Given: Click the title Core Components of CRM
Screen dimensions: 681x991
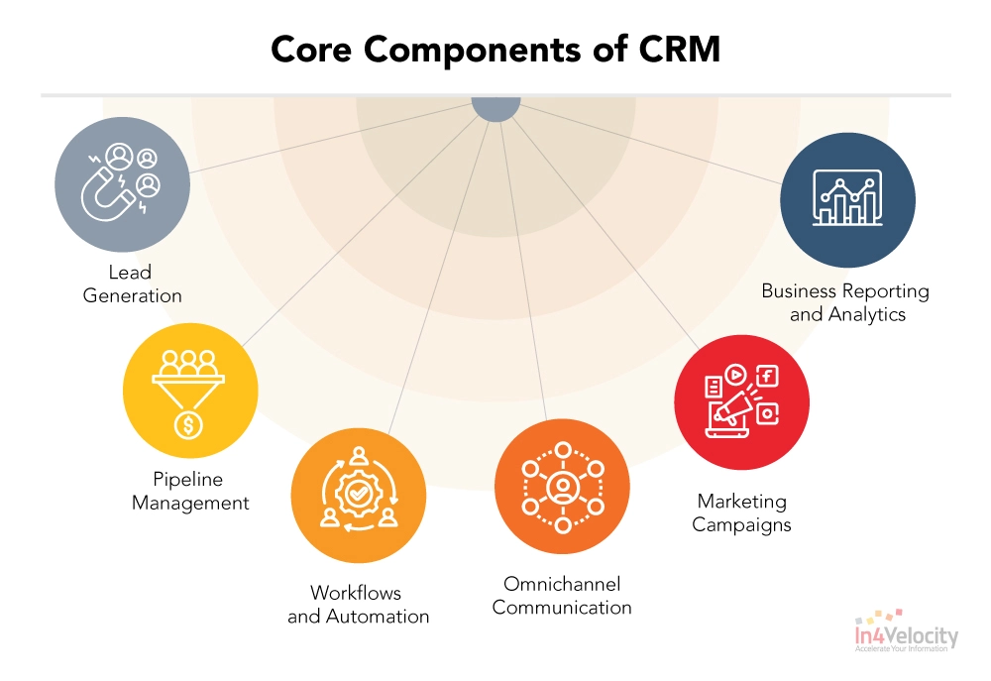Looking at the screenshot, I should [x=495, y=51].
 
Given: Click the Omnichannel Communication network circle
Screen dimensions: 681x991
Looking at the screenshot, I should [x=562, y=486].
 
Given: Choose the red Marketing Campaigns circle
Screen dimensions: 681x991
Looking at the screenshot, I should [x=741, y=400].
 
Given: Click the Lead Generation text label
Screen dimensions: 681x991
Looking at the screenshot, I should [x=132, y=284].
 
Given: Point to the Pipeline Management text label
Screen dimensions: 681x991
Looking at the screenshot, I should [x=190, y=491].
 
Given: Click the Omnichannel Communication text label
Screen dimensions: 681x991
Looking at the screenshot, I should [x=562, y=595].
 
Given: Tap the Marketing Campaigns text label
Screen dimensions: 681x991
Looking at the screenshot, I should [x=741, y=512].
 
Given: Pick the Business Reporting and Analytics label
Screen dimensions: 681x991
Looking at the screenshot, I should [x=845, y=302].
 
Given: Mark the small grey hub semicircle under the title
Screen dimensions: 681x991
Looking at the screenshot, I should [x=495, y=108].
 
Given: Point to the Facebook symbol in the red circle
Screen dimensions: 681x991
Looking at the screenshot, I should [x=767, y=376].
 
